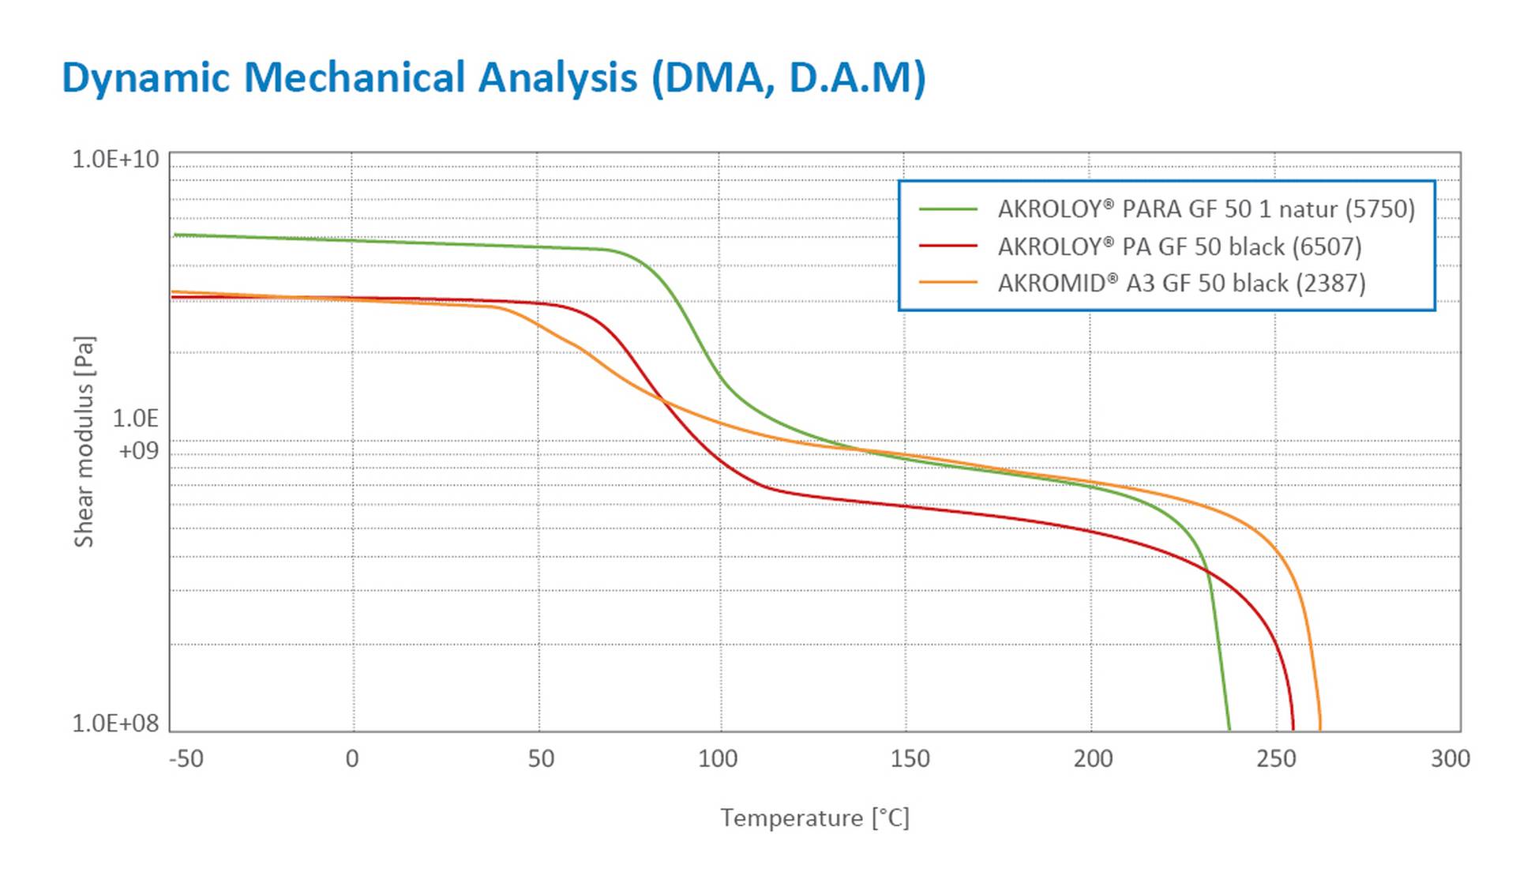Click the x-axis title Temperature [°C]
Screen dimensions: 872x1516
click(814, 817)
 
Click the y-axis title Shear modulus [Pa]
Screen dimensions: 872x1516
click(84, 442)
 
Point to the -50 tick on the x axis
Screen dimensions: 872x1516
click(186, 759)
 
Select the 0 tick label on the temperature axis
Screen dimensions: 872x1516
click(352, 759)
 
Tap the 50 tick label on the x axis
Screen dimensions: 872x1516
click(541, 759)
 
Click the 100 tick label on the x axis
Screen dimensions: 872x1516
click(718, 759)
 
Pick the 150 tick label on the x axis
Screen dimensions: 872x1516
click(910, 759)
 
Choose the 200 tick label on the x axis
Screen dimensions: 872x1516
click(1093, 759)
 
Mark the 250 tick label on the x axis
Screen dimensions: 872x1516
click(1276, 759)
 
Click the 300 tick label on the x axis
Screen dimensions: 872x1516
click(1450, 759)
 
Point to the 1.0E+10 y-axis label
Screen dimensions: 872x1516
click(115, 160)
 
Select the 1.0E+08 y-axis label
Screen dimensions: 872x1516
click(115, 723)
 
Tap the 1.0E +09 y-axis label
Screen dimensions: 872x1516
click(136, 434)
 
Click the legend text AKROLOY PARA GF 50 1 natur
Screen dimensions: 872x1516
click(1206, 209)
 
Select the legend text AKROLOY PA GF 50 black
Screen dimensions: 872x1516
click(1180, 246)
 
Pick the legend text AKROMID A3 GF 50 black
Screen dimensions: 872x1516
click(1181, 283)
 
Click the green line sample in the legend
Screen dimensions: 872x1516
click(948, 209)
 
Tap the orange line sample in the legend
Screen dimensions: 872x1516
click(948, 283)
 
